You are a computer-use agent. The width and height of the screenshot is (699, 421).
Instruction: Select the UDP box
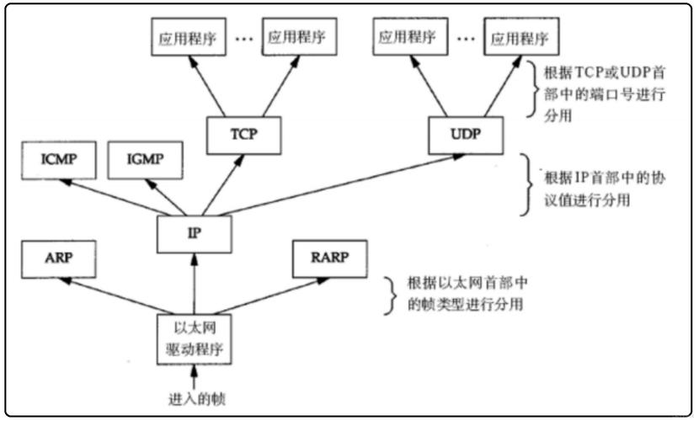point(465,133)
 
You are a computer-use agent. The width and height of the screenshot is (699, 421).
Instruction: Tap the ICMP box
point(59,159)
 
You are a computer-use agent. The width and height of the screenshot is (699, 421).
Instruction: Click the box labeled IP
point(194,232)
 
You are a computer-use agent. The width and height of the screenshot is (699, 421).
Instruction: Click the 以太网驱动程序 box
point(194,336)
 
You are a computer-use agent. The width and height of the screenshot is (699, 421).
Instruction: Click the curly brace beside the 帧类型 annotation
point(390,294)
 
